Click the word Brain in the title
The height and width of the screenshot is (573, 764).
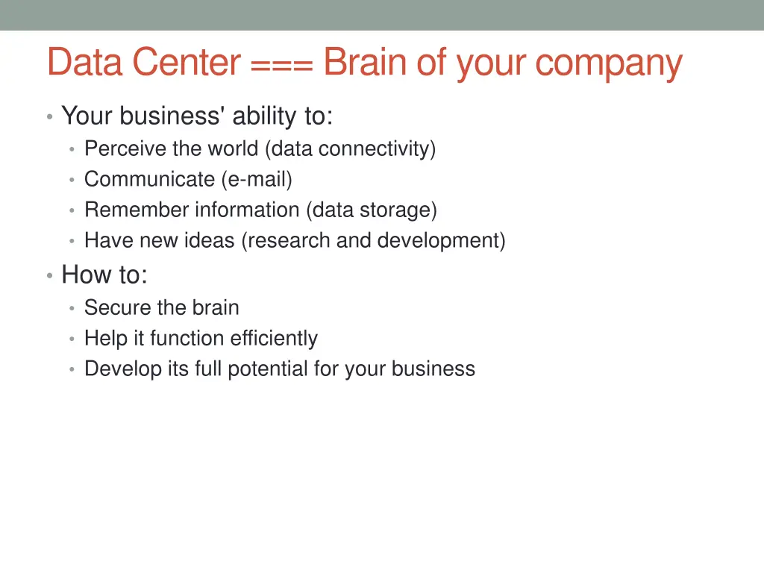(366, 63)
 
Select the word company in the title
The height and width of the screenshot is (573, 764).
(608, 64)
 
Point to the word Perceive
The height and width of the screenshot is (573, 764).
(125, 149)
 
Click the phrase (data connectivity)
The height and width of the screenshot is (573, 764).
(350, 149)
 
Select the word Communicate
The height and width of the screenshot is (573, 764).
(149, 180)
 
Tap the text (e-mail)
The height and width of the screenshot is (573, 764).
(257, 180)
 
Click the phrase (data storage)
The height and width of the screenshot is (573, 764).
(372, 210)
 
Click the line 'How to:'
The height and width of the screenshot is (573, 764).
(104, 275)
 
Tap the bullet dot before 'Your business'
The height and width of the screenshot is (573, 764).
(48, 118)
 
